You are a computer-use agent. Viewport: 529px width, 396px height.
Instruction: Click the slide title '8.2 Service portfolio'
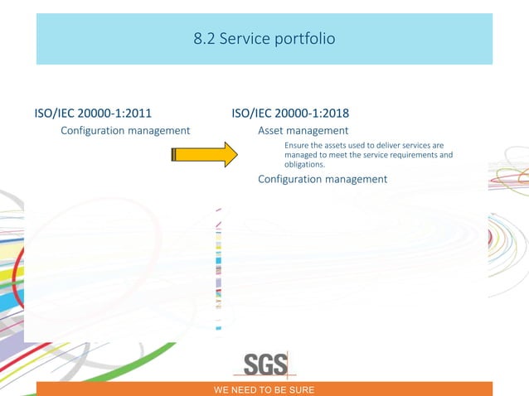point(264,38)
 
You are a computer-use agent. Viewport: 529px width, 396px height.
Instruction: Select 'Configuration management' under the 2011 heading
point(126,130)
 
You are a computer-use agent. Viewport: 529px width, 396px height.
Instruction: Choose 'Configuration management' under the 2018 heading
point(323,179)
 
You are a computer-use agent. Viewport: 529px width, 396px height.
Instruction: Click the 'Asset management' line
point(303,130)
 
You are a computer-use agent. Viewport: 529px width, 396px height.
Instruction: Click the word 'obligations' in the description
point(303,164)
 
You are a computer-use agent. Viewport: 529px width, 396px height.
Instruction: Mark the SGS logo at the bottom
point(265,364)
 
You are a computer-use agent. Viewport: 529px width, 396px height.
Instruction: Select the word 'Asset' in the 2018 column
point(273,130)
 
